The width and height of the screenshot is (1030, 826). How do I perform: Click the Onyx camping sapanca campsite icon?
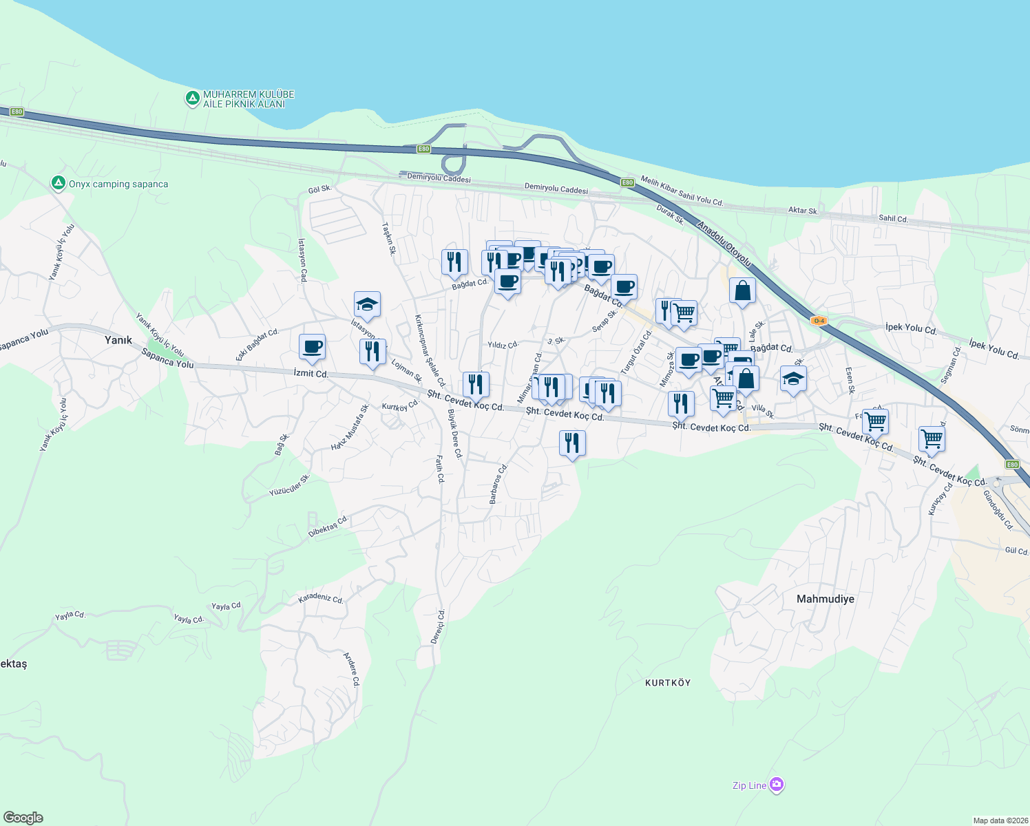[x=59, y=184]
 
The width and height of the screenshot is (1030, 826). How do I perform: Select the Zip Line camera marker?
[x=777, y=785]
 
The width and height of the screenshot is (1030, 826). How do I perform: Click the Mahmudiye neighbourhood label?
[x=825, y=599]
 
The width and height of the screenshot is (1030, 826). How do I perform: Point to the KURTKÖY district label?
[x=668, y=683]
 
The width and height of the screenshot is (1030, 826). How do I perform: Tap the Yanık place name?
[x=118, y=340]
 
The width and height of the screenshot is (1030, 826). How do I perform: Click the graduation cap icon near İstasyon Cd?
[x=367, y=305]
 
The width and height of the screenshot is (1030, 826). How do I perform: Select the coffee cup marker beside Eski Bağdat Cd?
[x=312, y=347]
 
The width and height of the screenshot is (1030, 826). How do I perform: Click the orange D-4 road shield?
[x=818, y=321]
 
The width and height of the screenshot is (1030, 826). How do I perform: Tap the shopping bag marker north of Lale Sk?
[x=742, y=290]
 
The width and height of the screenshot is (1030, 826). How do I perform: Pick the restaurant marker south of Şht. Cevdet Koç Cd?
[x=572, y=443]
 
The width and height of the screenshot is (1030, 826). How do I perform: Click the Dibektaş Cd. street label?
[x=328, y=527]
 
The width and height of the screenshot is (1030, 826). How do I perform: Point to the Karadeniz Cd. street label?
[x=320, y=599]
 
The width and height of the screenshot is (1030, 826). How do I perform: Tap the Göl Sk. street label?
[x=319, y=189]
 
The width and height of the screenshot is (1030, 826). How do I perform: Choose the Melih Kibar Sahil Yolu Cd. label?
[x=682, y=191]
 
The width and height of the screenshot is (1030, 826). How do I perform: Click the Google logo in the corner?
[x=23, y=818]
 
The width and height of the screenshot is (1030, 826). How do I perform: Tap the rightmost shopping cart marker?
[x=931, y=438]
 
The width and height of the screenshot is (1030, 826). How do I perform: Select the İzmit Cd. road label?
[x=311, y=374]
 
